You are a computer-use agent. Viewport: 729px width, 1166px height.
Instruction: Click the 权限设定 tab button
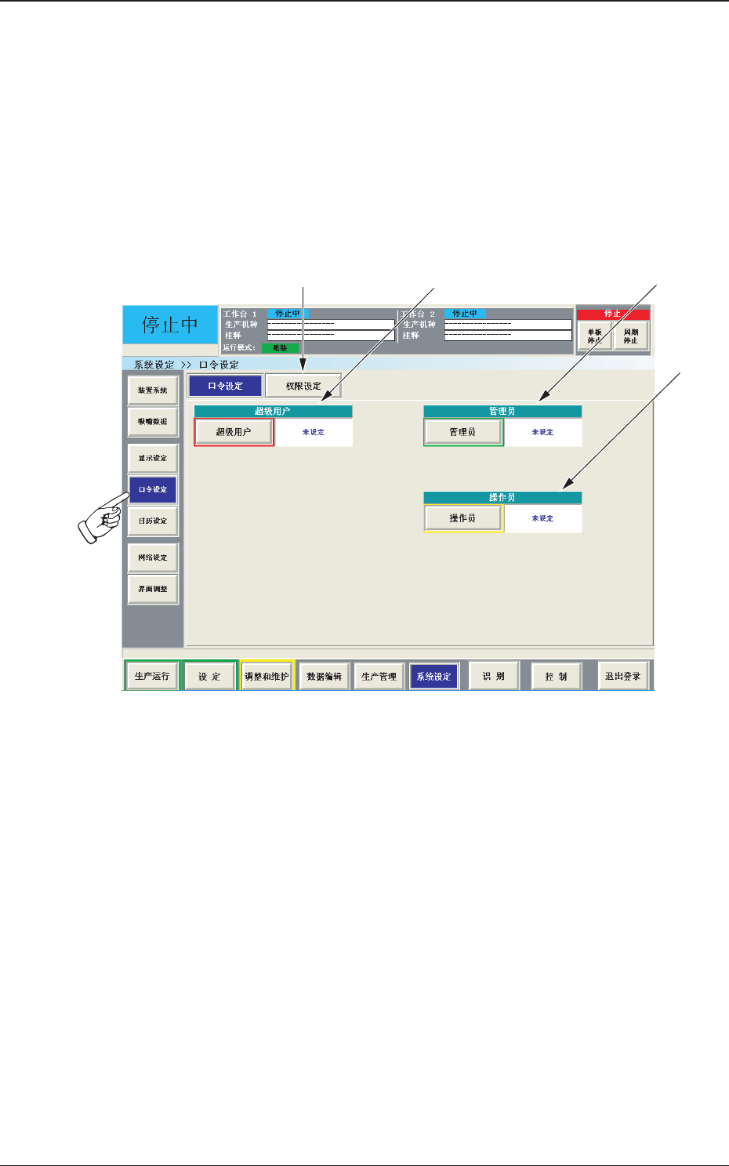coord(303,386)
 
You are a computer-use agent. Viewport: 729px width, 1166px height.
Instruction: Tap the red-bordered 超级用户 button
coord(234,432)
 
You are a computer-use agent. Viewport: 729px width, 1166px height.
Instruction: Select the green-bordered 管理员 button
coord(462,432)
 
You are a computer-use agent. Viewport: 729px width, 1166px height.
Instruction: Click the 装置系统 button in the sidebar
coord(153,390)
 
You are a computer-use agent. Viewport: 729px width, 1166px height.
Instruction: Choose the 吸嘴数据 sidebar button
coord(153,421)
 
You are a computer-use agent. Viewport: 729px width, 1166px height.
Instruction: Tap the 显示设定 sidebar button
coord(153,458)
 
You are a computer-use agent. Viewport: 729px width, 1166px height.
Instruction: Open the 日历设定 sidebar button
coord(153,521)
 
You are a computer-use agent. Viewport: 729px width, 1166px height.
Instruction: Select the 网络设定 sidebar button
coord(153,558)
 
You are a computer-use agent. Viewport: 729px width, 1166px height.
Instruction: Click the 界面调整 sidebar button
coord(153,589)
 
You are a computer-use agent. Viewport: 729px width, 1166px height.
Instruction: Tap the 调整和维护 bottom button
coord(267,676)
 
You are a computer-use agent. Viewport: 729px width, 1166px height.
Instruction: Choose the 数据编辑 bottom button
coord(324,676)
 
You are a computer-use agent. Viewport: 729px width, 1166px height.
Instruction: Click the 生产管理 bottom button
coord(379,676)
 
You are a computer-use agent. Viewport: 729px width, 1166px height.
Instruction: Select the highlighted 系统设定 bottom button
coord(433,676)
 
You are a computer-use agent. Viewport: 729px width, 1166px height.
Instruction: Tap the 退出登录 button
coord(622,676)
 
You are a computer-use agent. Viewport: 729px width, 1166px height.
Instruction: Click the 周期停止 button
coord(631,336)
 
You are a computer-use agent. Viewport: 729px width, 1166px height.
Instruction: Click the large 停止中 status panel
coord(169,325)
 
